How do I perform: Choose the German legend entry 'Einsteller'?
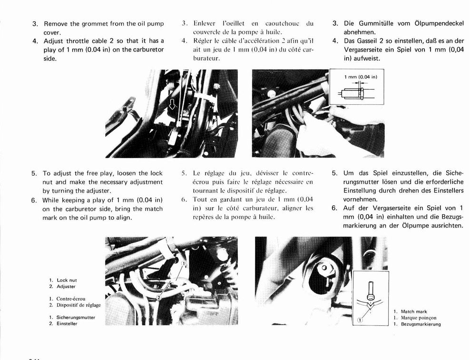67,323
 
